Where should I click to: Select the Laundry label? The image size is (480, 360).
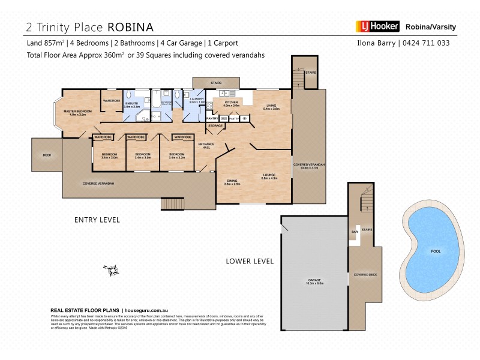tap(197, 100)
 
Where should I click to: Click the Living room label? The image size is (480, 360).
tap(272, 107)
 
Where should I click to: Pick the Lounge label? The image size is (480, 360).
tap(268, 176)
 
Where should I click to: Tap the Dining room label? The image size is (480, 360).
tap(232, 182)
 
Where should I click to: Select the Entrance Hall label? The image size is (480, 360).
tap(206, 146)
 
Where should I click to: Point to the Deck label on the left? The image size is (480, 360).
tap(47, 155)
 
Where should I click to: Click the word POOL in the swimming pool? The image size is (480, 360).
tap(436, 251)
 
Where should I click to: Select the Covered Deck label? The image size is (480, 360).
tap(365, 275)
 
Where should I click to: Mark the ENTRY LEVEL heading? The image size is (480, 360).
tap(97, 220)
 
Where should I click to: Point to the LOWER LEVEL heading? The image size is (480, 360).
tap(250, 261)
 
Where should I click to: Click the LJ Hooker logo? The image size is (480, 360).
tap(377, 26)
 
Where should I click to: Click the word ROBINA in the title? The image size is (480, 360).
tap(130, 27)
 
